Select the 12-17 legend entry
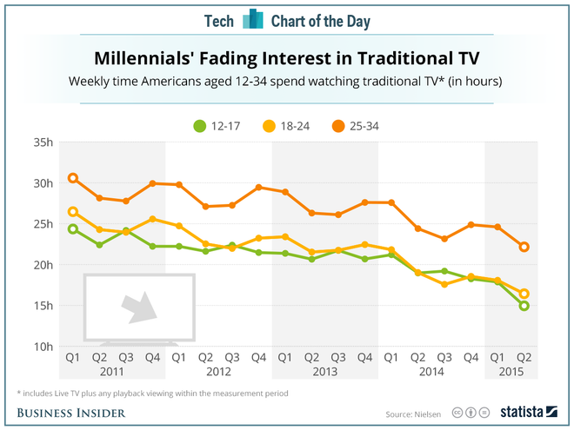(x=217, y=126)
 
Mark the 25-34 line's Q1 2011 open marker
(x=73, y=178)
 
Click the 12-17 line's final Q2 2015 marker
(x=524, y=306)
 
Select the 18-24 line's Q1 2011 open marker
(x=73, y=211)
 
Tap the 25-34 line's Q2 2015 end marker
(x=524, y=247)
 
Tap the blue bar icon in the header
(x=252, y=19)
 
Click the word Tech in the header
(x=219, y=20)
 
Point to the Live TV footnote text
(x=157, y=393)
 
